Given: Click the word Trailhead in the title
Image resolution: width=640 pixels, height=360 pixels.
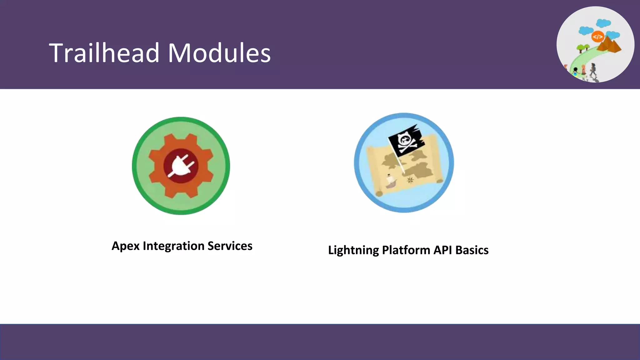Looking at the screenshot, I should click(104, 53).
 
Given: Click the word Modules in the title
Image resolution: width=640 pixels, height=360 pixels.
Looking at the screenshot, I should click(219, 53).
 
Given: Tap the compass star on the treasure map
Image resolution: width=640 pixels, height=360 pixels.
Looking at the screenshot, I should click(410, 180).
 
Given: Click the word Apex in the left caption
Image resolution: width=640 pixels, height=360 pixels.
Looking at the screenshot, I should click(126, 246).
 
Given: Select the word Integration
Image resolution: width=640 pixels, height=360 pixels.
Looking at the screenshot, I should click(173, 246).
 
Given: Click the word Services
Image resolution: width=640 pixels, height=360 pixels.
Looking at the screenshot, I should click(230, 246).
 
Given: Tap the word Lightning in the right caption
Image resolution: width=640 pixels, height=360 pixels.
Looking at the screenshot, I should click(353, 250).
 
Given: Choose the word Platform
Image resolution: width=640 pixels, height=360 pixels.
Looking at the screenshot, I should click(406, 250).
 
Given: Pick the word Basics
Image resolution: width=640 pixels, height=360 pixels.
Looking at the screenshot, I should click(472, 250).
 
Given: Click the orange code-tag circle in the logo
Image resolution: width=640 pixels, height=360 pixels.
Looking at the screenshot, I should click(597, 37).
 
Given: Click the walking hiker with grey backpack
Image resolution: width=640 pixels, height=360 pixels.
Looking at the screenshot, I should click(593, 69).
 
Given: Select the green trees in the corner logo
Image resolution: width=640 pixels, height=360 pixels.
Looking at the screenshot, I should click(583, 48).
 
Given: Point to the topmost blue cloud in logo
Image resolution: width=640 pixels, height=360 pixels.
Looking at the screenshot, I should click(603, 23).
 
